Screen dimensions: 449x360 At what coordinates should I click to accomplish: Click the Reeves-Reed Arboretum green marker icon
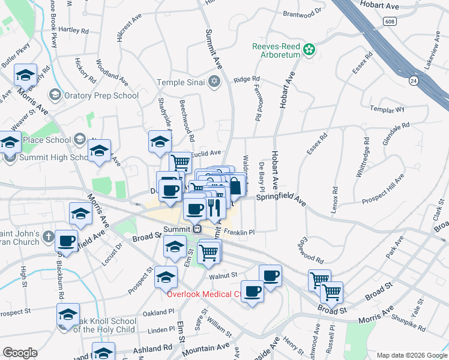(310, 49)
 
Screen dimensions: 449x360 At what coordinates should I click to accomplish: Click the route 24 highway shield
(413, 79)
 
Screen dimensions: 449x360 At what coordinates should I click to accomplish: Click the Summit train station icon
(197, 229)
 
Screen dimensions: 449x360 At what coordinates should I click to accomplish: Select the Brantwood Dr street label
(302, 11)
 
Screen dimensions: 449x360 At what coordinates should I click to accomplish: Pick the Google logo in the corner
(20, 353)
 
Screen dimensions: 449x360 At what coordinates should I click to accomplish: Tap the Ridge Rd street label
(247, 79)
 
